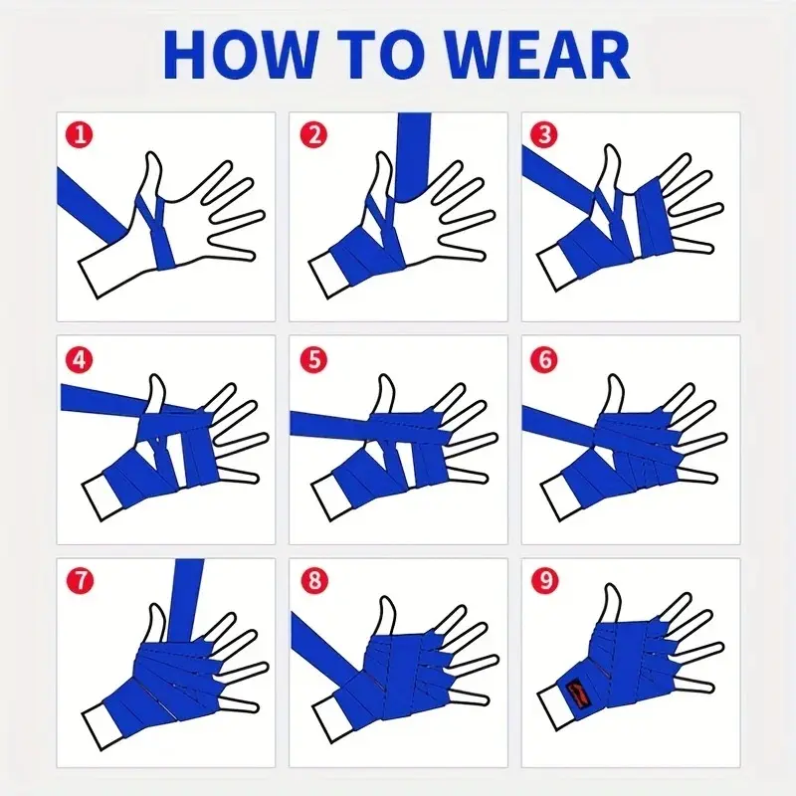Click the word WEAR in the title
click(x=538, y=55)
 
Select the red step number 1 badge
click(x=80, y=135)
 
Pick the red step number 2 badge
click(x=313, y=135)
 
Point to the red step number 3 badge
click(x=544, y=135)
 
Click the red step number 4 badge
click(x=80, y=360)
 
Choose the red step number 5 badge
click(x=313, y=360)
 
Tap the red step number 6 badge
click(x=544, y=360)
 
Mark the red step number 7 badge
click(x=81, y=580)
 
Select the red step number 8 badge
click(x=314, y=580)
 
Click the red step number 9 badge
click(x=544, y=580)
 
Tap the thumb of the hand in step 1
click(x=151, y=175)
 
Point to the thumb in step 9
click(x=612, y=603)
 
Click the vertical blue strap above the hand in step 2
click(x=413, y=155)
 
